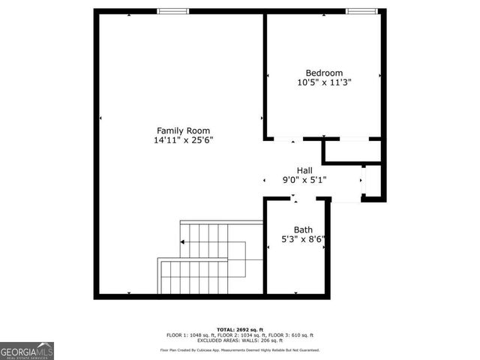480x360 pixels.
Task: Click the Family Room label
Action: click(x=183, y=130)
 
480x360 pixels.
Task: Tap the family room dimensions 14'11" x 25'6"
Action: click(x=183, y=139)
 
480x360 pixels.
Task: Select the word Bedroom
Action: click(x=324, y=73)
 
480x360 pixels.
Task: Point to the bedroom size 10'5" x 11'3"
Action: click(x=324, y=83)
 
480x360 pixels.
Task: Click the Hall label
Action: click(x=304, y=170)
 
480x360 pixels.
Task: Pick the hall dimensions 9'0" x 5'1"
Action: click(x=304, y=180)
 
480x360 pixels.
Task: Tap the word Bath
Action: click(x=303, y=230)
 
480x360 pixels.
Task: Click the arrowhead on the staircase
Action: click(x=183, y=241)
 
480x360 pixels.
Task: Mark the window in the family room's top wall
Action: click(x=173, y=10)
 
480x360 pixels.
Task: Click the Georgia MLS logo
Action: click(x=27, y=350)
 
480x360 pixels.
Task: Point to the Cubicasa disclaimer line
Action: click(x=240, y=350)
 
